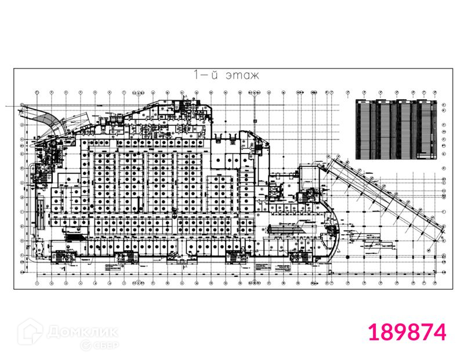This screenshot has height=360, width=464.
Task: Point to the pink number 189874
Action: [408, 333]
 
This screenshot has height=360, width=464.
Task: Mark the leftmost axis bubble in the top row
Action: [37, 92]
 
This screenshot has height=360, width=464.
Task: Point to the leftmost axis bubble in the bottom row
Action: [37, 283]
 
